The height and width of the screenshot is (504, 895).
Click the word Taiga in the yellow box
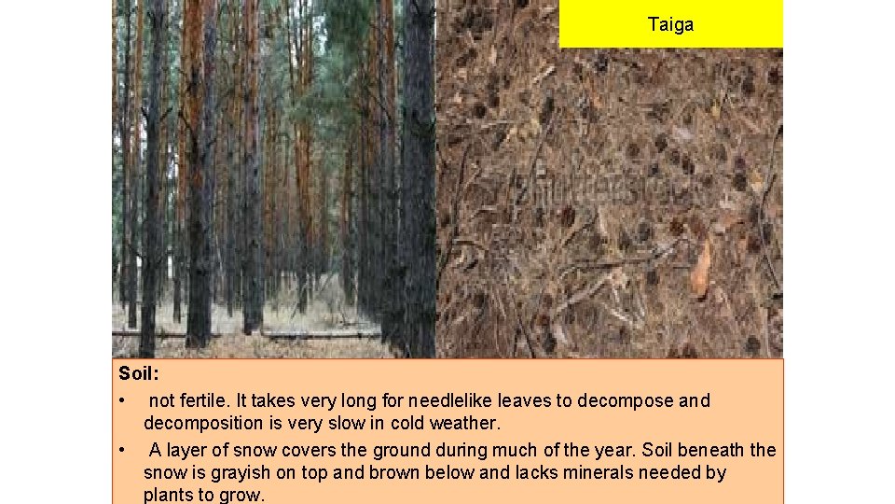(x=670, y=25)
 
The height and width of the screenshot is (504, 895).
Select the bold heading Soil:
(x=139, y=373)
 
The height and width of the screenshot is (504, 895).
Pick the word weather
(x=467, y=423)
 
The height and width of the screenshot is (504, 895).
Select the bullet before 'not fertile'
(x=122, y=401)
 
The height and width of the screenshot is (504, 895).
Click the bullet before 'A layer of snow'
(x=122, y=451)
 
